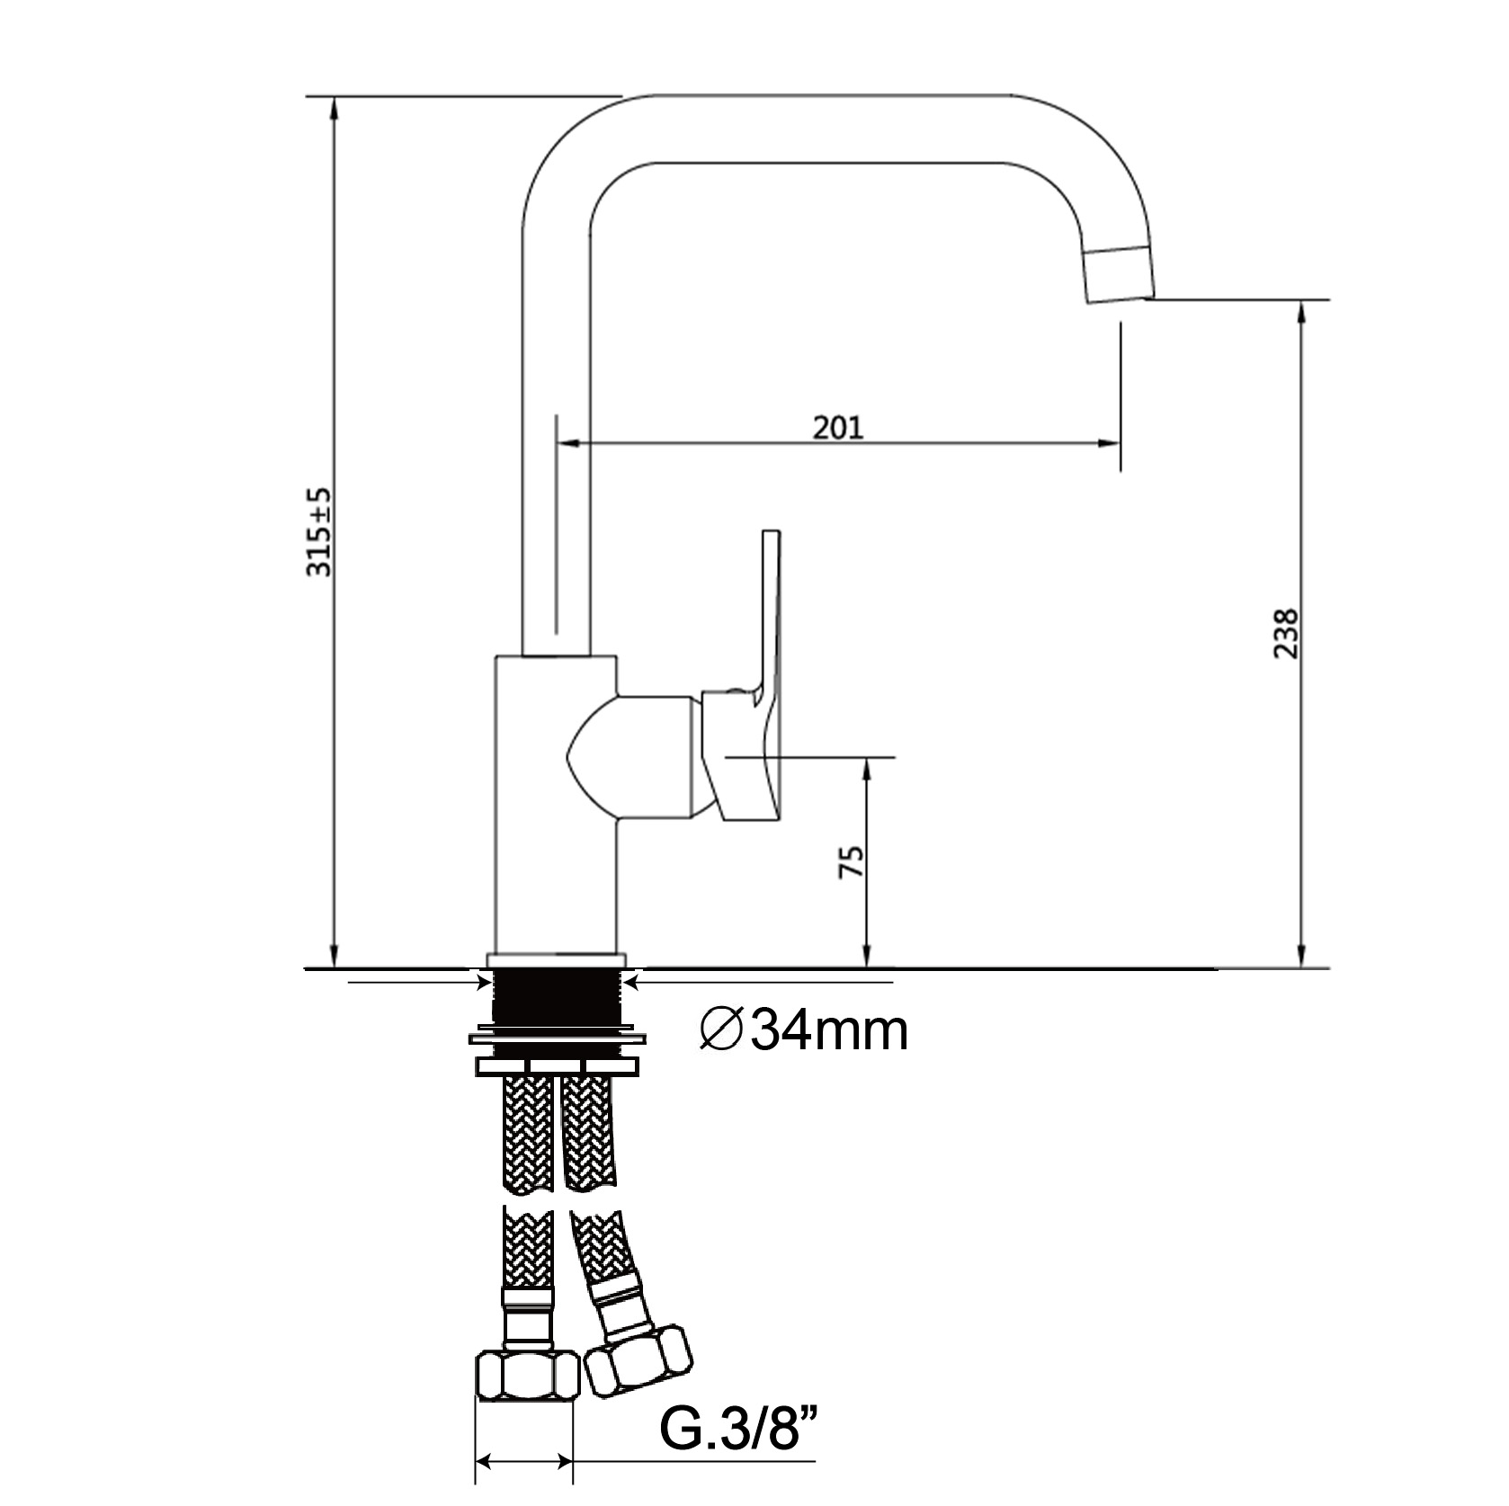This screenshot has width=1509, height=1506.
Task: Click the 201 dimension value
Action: coord(837,427)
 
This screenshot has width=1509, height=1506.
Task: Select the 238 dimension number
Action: coord(1286,634)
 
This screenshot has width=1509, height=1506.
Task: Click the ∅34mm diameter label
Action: coord(803,1031)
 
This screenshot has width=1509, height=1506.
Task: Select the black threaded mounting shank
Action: coord(557,997)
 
